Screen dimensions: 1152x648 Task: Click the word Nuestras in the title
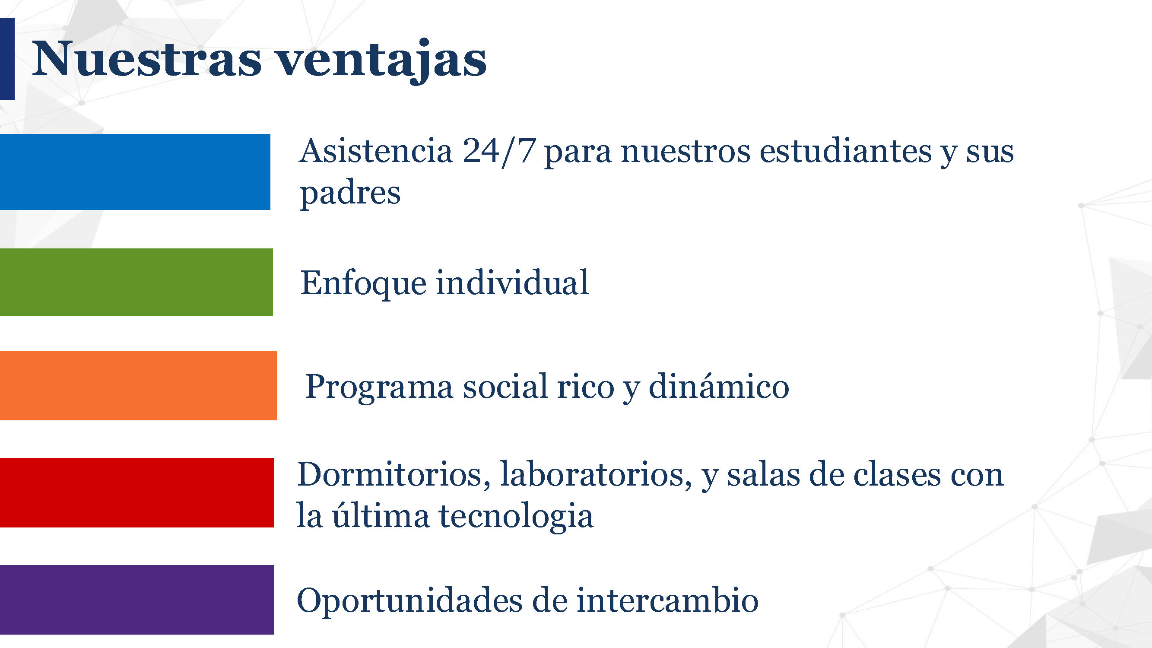tap(146, 59)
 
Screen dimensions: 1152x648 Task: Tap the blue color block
tap(135, 172)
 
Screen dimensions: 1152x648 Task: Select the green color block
tap(136, 282)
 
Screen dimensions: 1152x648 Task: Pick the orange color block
tap(139, 385)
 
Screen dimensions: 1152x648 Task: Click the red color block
tap(137, 492)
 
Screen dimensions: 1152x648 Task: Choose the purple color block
tap(137, 600)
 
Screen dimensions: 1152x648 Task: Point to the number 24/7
tap(499, 152)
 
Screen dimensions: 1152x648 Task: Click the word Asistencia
tap(376, 151)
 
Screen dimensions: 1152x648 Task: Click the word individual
tap(512, 282)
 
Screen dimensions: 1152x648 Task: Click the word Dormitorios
tap(394, 474)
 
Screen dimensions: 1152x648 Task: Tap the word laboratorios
tap(596, 474)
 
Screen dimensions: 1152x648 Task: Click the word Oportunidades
tap(409, 600)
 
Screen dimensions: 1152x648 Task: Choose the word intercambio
tap(667, 600)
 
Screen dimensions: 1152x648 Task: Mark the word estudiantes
tap(845, 151)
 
